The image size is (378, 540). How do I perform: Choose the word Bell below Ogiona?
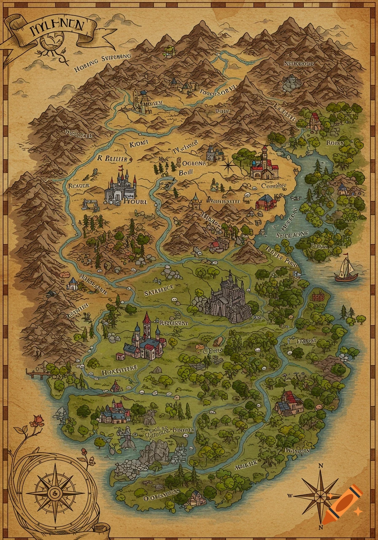click(x=186, y=173)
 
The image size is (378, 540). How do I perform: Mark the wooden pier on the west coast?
click(x=36, y=373)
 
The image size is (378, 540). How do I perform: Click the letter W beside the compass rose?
click(x=290, y=495)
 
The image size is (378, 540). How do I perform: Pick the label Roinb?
click(x=335, y=143)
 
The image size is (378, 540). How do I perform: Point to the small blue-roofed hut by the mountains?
click(x=73, y=283)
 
